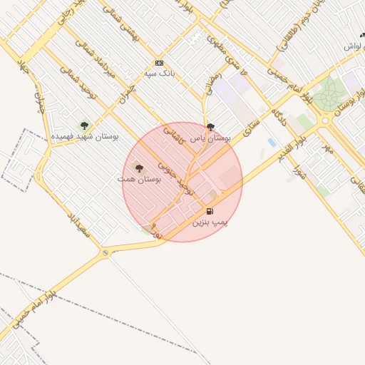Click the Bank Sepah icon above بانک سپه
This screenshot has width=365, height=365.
pos(158,63)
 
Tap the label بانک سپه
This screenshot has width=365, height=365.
pos(159,73)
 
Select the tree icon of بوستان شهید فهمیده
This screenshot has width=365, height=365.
pos(84,125)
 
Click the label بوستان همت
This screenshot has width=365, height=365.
pos(140,178)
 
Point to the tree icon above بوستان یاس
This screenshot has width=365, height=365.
pos(209,128)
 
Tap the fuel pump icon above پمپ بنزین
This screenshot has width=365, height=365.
pos(210,211)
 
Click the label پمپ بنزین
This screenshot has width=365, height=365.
pos(210,222)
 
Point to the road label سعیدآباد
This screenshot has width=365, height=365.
pos(78,226)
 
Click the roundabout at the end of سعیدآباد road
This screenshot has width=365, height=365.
pos(106,252)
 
